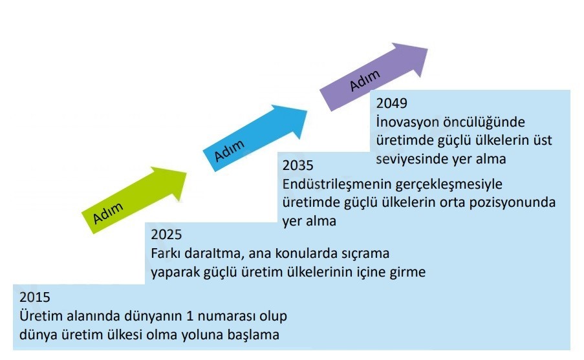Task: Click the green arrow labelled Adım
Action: pyautogui.click(x=135, y=200)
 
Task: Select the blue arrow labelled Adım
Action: pyautogui.click(x=255, y=138)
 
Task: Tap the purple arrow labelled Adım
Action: pyautogui.click(x=374, y=77)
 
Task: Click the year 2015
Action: pyautogui.click(x=35, y=297)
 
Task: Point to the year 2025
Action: pyautogui.click(x=166, y=235)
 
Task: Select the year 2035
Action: pyautogui.click(x=297, y=165)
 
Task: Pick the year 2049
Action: pyautogui.click(x=391, y=103)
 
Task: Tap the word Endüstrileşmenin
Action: pyautogui.click(x=336, y=184)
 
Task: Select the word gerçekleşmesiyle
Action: pyautogui.click(x=449, y=184)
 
